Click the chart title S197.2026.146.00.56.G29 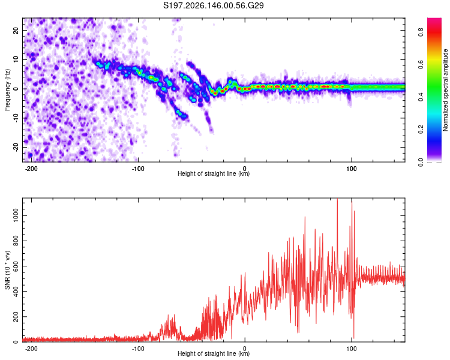point(213,5)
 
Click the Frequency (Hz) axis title point(7,90)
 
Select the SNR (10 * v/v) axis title point(7,270)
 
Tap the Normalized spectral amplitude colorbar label point(445,90)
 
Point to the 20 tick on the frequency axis point(16,30)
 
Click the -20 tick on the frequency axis point(16,147)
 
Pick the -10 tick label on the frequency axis point(16,118)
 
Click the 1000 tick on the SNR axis point(16,215)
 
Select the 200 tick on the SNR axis point(16,317)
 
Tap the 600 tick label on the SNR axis point(16,266)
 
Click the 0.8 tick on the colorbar point(421,32)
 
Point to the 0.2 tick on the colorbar point(421,130)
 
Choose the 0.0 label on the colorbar point(421,162)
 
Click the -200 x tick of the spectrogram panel point(31,169)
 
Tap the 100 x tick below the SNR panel point(351,349)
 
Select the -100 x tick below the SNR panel point(138,349)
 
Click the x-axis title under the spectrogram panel point(214,173)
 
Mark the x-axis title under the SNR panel point(214,353)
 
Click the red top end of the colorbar point(434,19)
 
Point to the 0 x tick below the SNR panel point(245,349)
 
